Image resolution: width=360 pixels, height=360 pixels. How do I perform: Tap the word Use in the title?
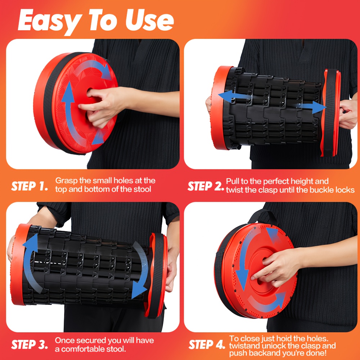coord(149,20)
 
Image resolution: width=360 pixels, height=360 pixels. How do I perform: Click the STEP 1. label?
coord(30,186)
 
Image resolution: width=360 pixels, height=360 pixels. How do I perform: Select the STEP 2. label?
coord(206,186)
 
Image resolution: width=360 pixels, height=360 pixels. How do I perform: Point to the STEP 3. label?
coord(30,345)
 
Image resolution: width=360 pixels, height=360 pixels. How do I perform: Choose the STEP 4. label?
coord(207,345)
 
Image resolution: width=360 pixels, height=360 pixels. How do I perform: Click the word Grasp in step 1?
coord(66,181)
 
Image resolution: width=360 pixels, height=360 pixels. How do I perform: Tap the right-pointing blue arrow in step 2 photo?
coord(312,107)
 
